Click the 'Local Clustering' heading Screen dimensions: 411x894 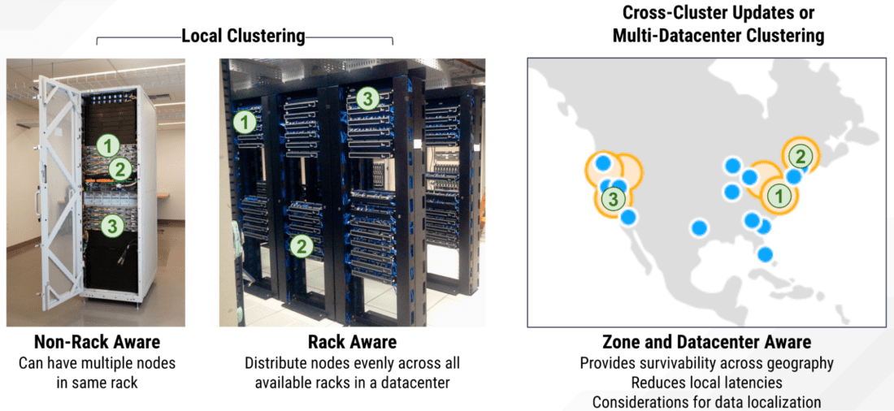click(243, 37)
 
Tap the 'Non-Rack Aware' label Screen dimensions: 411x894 click(97, 342)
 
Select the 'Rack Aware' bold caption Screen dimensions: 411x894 click(352, 342)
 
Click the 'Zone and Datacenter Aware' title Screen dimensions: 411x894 click(706, 342)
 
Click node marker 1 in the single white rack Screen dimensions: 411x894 click(108, 146)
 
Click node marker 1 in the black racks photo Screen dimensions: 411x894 click(245, 123)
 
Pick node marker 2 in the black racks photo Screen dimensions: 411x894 click(301, 245)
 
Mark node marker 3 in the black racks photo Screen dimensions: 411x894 click(367, 99)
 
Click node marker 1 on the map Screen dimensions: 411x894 click(778, 195)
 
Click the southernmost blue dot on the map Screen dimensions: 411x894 click(765, 254)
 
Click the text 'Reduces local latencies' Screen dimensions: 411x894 click(706, 383)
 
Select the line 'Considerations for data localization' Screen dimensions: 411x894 click(706, 402)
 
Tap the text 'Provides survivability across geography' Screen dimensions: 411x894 click(706, 363)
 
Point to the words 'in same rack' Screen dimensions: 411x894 click(97, 383)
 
